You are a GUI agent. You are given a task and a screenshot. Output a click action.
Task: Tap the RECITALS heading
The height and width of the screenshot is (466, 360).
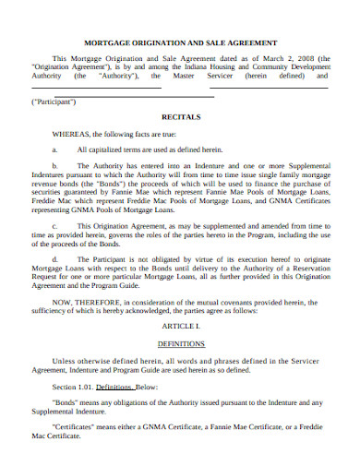[x=180, y=118]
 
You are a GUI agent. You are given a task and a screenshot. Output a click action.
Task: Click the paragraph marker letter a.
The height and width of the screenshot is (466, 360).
[x=55, y=148]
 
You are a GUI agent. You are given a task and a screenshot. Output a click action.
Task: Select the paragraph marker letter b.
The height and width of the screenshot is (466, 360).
[x=55, y=163]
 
